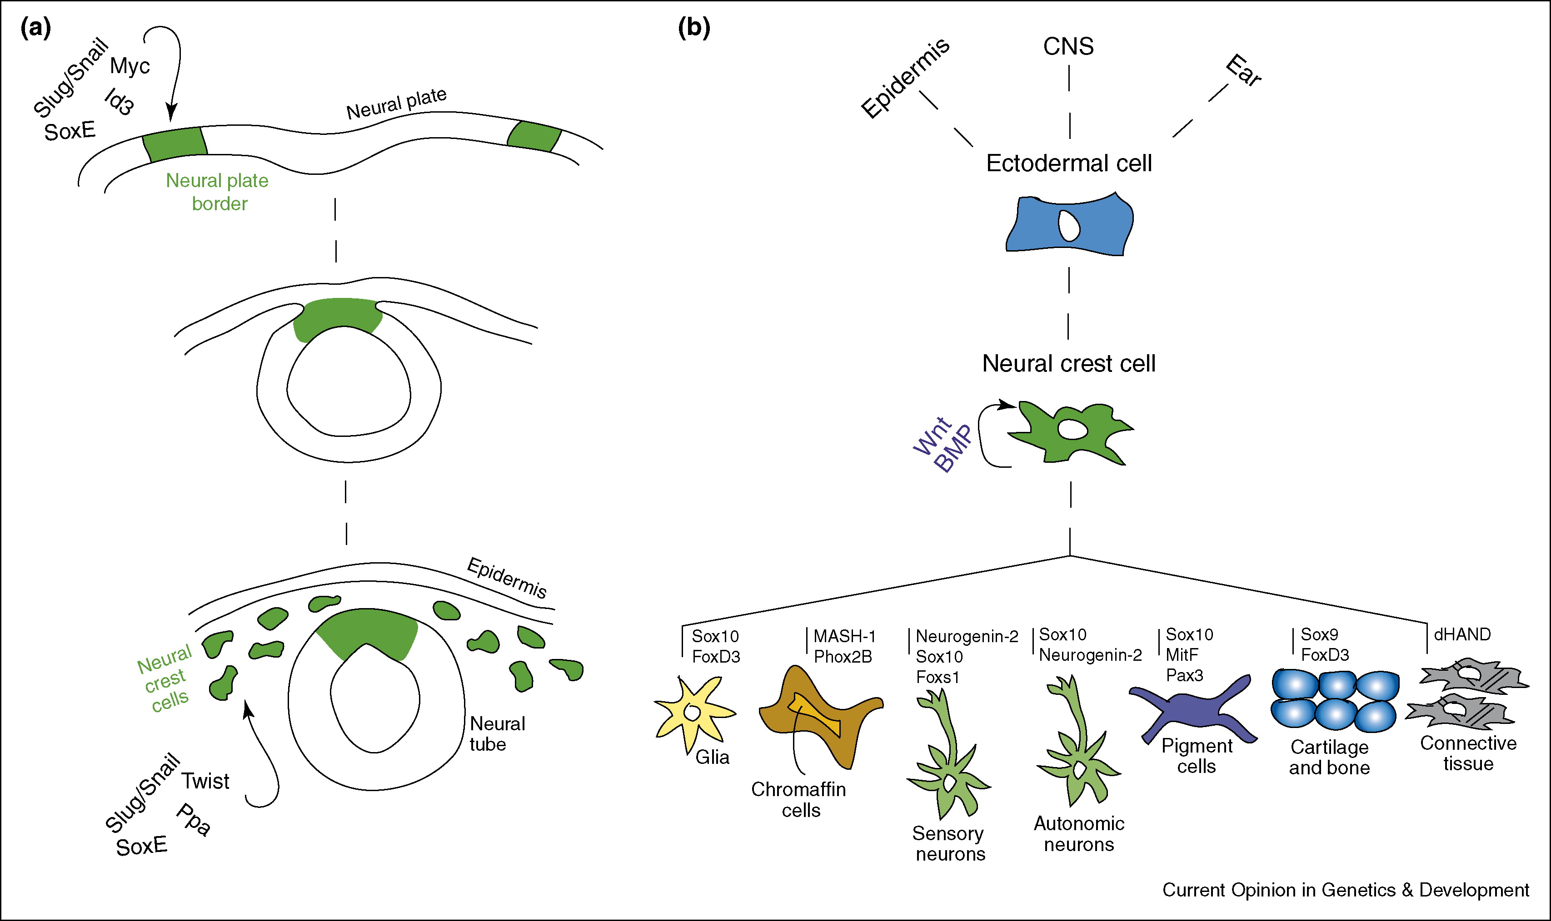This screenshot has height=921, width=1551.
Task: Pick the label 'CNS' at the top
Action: (x=1068, y=46)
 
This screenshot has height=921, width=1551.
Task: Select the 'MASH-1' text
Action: (x=844, y=636)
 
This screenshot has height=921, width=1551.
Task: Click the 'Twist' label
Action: (x=205, y=781)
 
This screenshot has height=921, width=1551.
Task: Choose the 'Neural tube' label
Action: (x=497, y=733)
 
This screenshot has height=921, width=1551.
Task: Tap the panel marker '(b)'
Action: (x=693, y=28)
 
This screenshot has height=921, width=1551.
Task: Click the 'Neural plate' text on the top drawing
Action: (x=396, y=103)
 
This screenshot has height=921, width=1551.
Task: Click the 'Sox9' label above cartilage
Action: (x=1319, y=634)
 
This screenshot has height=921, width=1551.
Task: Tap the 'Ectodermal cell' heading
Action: (x=1068, y=163)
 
